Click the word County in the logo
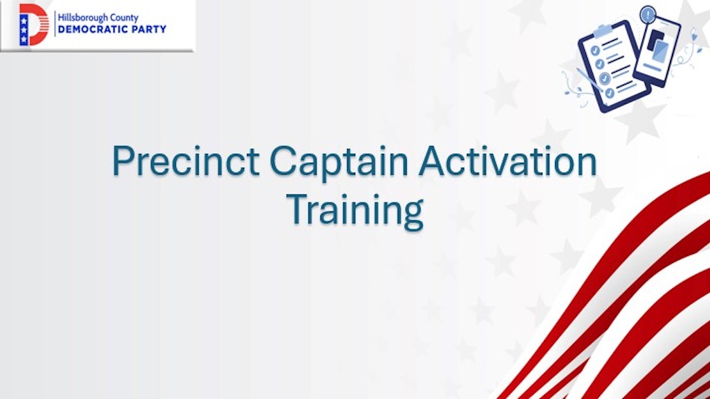coord(124,18)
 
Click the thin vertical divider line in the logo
coord(53,24)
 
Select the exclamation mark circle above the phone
coord(648,13)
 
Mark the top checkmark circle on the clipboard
coord(596,50)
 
